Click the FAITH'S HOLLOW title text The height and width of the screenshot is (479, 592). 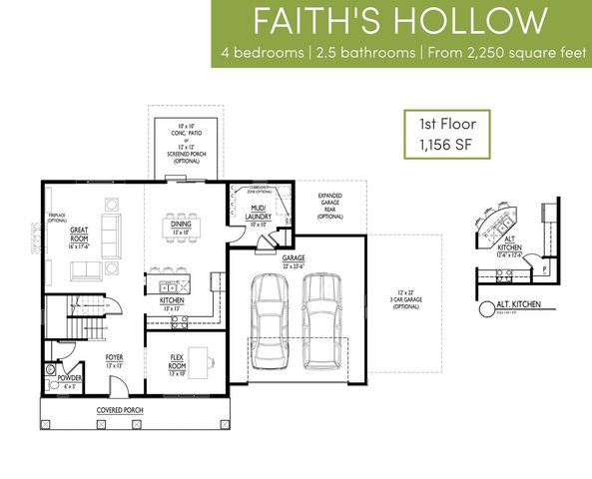coord(400,21)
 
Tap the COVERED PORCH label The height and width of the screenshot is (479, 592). coord(117,411)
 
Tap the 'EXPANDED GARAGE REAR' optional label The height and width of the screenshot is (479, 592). coord(329,206)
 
